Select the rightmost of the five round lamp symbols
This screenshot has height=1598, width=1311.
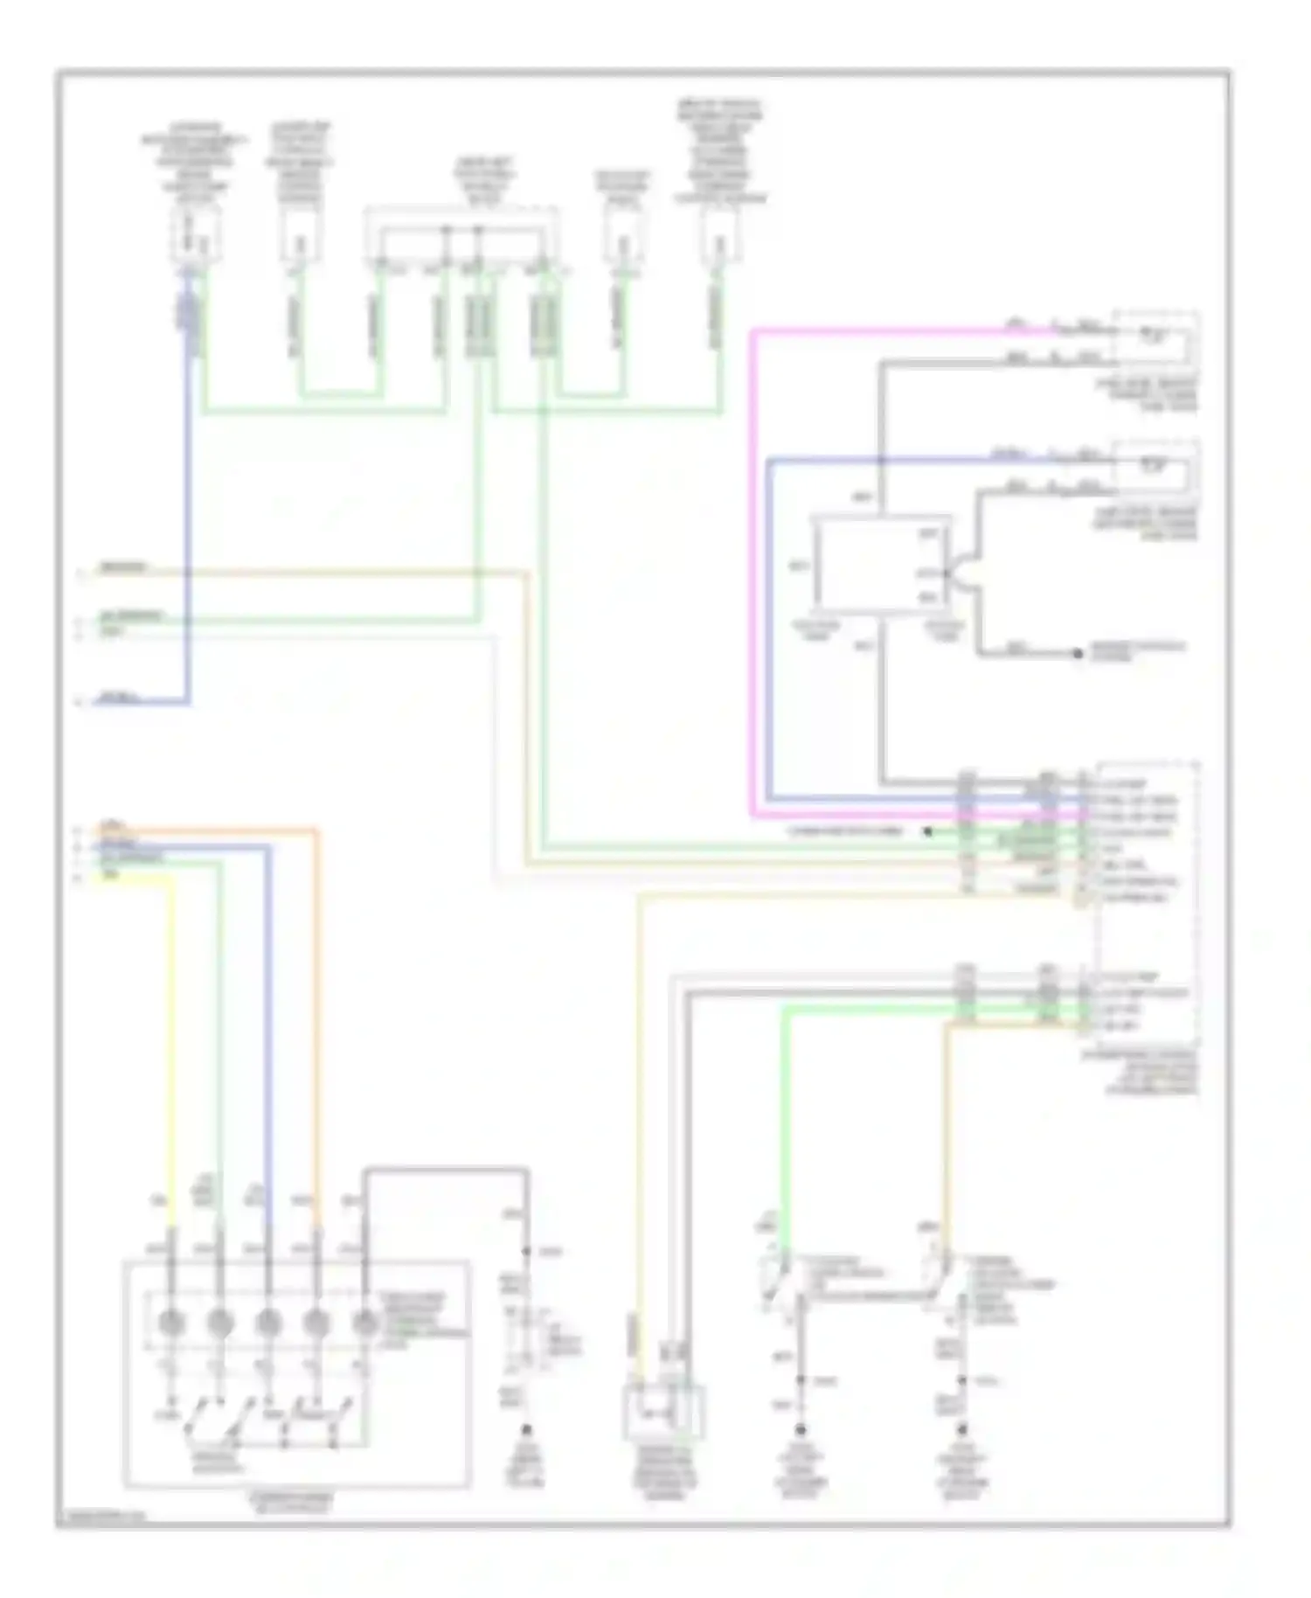tap(364, 1324)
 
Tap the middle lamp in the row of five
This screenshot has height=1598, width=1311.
tap(268, 1324)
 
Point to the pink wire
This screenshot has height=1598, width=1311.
tap(753, 568)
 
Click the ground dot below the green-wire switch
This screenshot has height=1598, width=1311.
tap(800, 1430)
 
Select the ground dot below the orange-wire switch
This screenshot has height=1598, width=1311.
tap(962, 1430)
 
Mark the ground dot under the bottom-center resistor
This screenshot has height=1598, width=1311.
tap(527, 1430)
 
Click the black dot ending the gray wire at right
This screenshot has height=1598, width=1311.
tap(1078, 653)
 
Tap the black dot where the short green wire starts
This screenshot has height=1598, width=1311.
tap(928, 831)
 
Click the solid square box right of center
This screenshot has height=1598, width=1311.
tap(880, 564)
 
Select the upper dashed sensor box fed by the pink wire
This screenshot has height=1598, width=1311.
tap(1155, 337)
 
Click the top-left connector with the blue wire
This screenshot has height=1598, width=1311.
tap(194, 234)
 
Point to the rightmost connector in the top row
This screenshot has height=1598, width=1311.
tap(721, 234)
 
